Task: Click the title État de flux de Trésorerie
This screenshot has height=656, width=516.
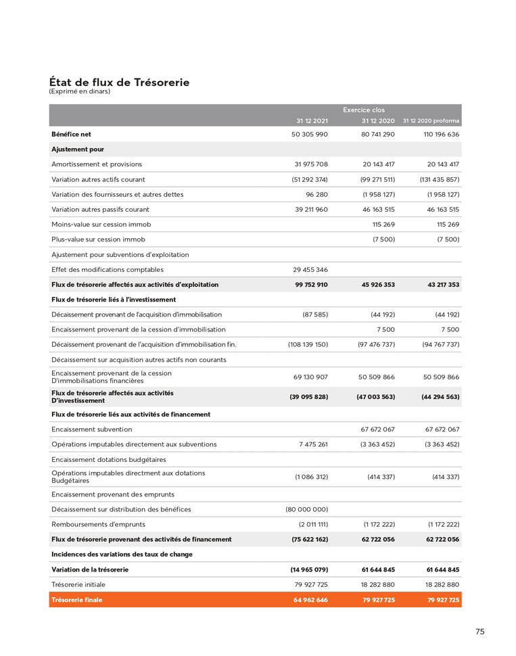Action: [119, 83]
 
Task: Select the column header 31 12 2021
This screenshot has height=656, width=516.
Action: [312, 121]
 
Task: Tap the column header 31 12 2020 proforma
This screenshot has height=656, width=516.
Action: [431, 121]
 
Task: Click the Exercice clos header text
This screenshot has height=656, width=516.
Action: [364, 110]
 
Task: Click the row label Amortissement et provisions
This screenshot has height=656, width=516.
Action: [97, 164]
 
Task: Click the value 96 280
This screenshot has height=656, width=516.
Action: [317, 194]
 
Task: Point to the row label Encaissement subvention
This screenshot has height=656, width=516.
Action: [92, 429]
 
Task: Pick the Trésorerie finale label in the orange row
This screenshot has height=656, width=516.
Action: [77, 600]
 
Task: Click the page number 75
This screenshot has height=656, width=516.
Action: [479, 632]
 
